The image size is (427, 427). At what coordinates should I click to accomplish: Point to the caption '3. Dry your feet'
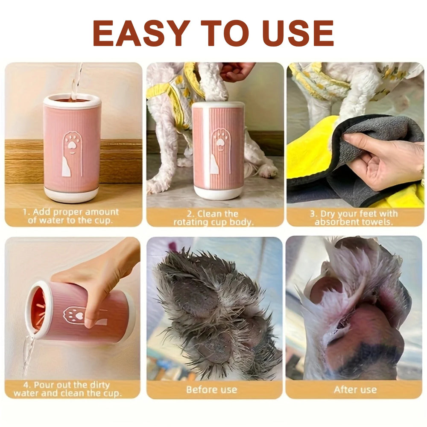point(354,217)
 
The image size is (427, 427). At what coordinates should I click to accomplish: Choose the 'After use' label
point(355,389)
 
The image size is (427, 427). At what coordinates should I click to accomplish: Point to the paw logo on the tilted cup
point(75,315)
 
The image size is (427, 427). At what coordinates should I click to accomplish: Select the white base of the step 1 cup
point(72,195)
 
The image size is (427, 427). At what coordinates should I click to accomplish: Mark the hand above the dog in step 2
point(237,70)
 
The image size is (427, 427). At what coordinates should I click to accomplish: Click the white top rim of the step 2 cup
point(218,104)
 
